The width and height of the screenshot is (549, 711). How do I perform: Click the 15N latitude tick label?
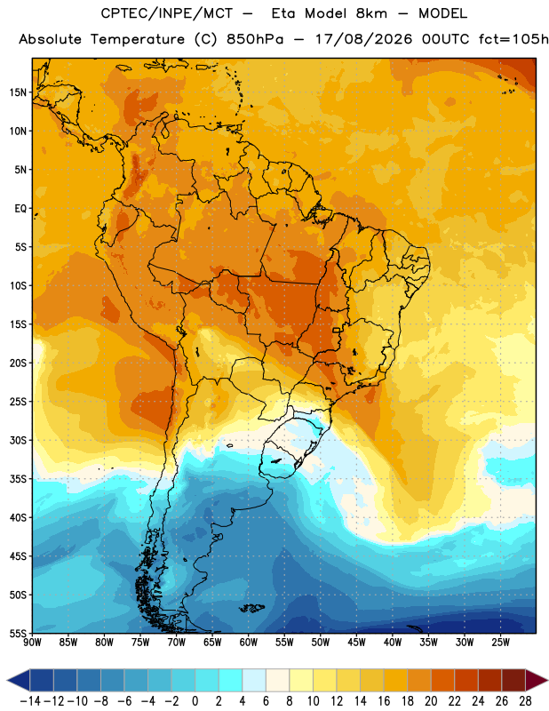[x=18, y=92]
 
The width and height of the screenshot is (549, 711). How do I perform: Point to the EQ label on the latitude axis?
[x=20, y=209]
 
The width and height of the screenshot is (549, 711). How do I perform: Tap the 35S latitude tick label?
[x=18, y=479]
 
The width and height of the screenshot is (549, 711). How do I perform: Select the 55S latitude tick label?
[x=18, y=633]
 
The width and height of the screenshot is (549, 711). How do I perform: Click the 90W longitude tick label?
[x=32, y=643]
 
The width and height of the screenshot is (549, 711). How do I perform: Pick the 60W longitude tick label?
[x=249, y=643]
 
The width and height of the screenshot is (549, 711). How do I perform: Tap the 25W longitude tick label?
[x=500, y=643]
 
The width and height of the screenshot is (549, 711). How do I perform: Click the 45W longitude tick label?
[x=356, y=643]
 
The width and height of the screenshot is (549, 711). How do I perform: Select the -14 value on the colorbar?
[x=30, y=701]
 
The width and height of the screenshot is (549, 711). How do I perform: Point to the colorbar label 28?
[x=525, y=701]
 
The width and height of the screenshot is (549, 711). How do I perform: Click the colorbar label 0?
[x=195, y=701]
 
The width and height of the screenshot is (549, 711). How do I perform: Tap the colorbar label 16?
[x=384, y=701]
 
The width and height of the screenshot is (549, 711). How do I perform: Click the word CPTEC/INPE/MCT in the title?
[x=167, y=13]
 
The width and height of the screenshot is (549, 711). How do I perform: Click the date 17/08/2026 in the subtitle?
[x=363, y=39]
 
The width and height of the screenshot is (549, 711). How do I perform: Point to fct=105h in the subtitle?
[x=513, y=39]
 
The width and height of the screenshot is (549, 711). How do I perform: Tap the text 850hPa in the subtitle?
[x=255, y=39]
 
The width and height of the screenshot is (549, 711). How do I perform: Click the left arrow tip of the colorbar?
[x=7, y=680]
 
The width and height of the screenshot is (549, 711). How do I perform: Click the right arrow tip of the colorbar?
[x=547, y=680]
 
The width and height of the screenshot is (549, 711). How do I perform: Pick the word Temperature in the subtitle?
[x=138, y=40]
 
